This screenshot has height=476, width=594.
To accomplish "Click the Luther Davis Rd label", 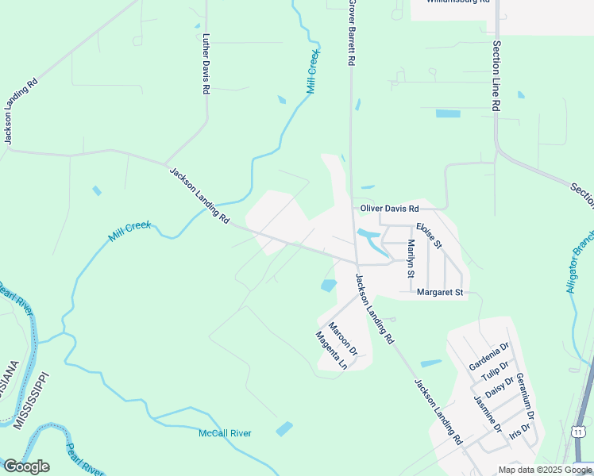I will [206, 64].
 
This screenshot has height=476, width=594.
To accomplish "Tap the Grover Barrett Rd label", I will [349, 33].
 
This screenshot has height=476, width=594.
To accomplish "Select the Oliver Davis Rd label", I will [389, 209].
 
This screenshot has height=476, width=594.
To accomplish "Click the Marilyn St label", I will [411, 259].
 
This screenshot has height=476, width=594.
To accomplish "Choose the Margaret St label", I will [440, 293].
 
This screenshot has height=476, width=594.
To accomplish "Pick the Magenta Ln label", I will [332, 351].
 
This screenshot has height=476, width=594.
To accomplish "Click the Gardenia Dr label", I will [489, 358].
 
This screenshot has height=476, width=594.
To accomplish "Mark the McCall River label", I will [225, 433].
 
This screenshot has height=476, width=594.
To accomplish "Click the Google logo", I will [26, 466].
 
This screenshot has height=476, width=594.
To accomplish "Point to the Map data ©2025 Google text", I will [545, 470].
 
